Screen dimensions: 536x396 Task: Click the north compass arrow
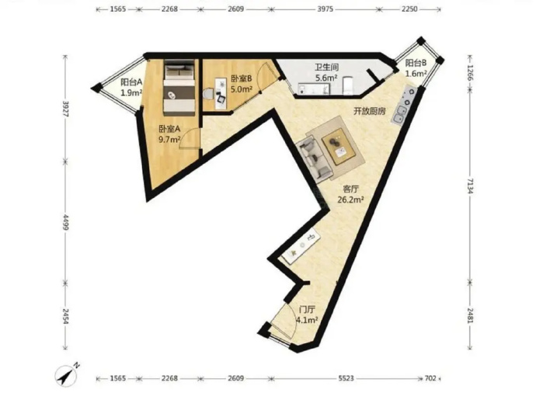[x=66, y=376]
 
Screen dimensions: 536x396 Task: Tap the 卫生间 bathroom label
[x=326, y=68]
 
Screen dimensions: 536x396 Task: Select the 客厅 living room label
[x=350, y=189]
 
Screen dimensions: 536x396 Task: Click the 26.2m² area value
[x=350, y=200]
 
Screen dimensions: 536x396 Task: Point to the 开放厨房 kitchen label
[x=370, y=111]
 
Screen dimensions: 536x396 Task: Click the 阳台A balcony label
[x=131, y=82]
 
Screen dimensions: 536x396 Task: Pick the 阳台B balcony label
[x=416, y=63]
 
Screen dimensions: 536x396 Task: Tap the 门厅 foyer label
[x=307, y=310]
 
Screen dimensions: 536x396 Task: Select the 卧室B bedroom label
[x=242, y=79]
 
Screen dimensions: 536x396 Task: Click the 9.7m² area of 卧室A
[x=169, y=140]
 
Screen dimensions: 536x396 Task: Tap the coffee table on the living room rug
[x=339, y=146]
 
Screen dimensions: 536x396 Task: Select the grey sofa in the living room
[x=314, y=158]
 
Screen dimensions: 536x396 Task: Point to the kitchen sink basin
[x=401, y=114]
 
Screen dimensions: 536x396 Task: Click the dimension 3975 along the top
[x=325, y=9]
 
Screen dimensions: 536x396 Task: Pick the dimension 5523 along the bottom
[x=346, y=378]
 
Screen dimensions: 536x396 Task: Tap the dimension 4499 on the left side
[x=65, y=221]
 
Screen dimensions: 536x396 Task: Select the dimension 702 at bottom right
[x=430, y=378]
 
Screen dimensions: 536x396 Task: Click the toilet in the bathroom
[x=348, y=85]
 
